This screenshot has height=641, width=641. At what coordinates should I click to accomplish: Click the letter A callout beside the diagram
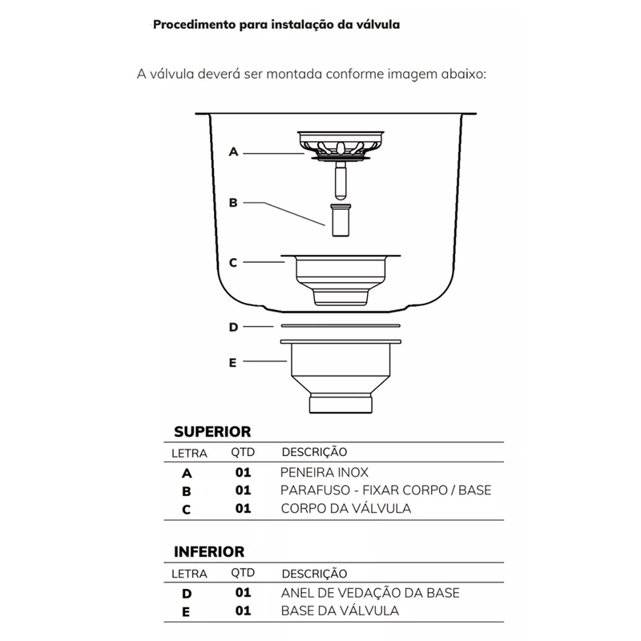pyautogui.click(x=233, y=151)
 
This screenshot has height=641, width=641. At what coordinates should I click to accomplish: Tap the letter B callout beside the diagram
pyautogui.click(x=233, y=203)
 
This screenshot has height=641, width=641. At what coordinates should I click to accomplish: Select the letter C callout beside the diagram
pyautogui.click(x=233, y=262)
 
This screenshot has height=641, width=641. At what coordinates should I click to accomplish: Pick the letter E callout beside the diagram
pyautogui.click(x=233, y=362)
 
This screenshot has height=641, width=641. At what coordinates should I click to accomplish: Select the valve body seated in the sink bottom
pyautogui.click(x=340, y=276)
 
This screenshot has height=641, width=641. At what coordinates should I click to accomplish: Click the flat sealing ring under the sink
pyautogui.click(x=340, y=325)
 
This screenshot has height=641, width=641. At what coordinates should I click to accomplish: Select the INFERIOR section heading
pyautogui.click(x=209, y=552)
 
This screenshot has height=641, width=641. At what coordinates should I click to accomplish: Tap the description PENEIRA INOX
pyautogui.click(x=325, y=473)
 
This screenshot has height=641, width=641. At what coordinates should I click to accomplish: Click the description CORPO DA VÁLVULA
pyautogui.click(x=345, y=509)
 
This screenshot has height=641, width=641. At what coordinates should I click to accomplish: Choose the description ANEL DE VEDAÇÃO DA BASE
pyautogui.click(x=370, y=593)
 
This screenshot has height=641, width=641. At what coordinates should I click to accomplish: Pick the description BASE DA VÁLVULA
pyautogui.click(x=340, y=611)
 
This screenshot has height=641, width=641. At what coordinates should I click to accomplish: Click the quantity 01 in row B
pyautogui.click(x=243, y=490)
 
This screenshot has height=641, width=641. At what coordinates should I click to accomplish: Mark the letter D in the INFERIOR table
pyautogui.click(x=187, y=594)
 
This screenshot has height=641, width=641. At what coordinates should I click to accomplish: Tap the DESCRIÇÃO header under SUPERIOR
pyautogui.click(x=314, y=453)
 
